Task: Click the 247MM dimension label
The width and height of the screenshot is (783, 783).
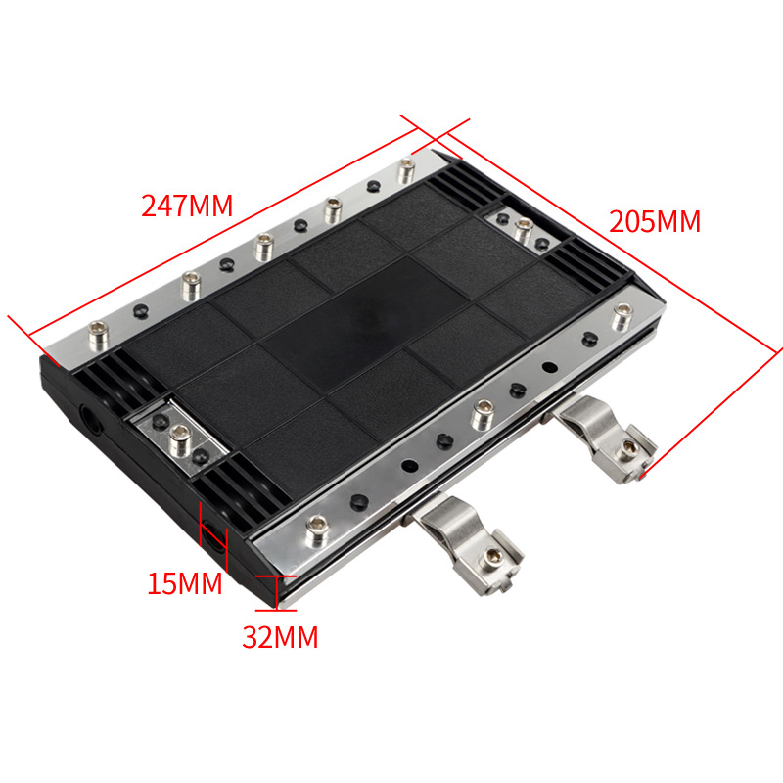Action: [x=187, y=206]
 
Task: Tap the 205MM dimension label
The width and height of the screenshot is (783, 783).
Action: [x=655, y=221]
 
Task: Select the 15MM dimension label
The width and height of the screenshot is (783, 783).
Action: [x=185, y=582]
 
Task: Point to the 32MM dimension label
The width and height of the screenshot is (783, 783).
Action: [x=280, y=637]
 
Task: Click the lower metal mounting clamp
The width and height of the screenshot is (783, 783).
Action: [x=467, y=542]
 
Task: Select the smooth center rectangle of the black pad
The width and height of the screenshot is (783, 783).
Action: [x=364, y=323]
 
